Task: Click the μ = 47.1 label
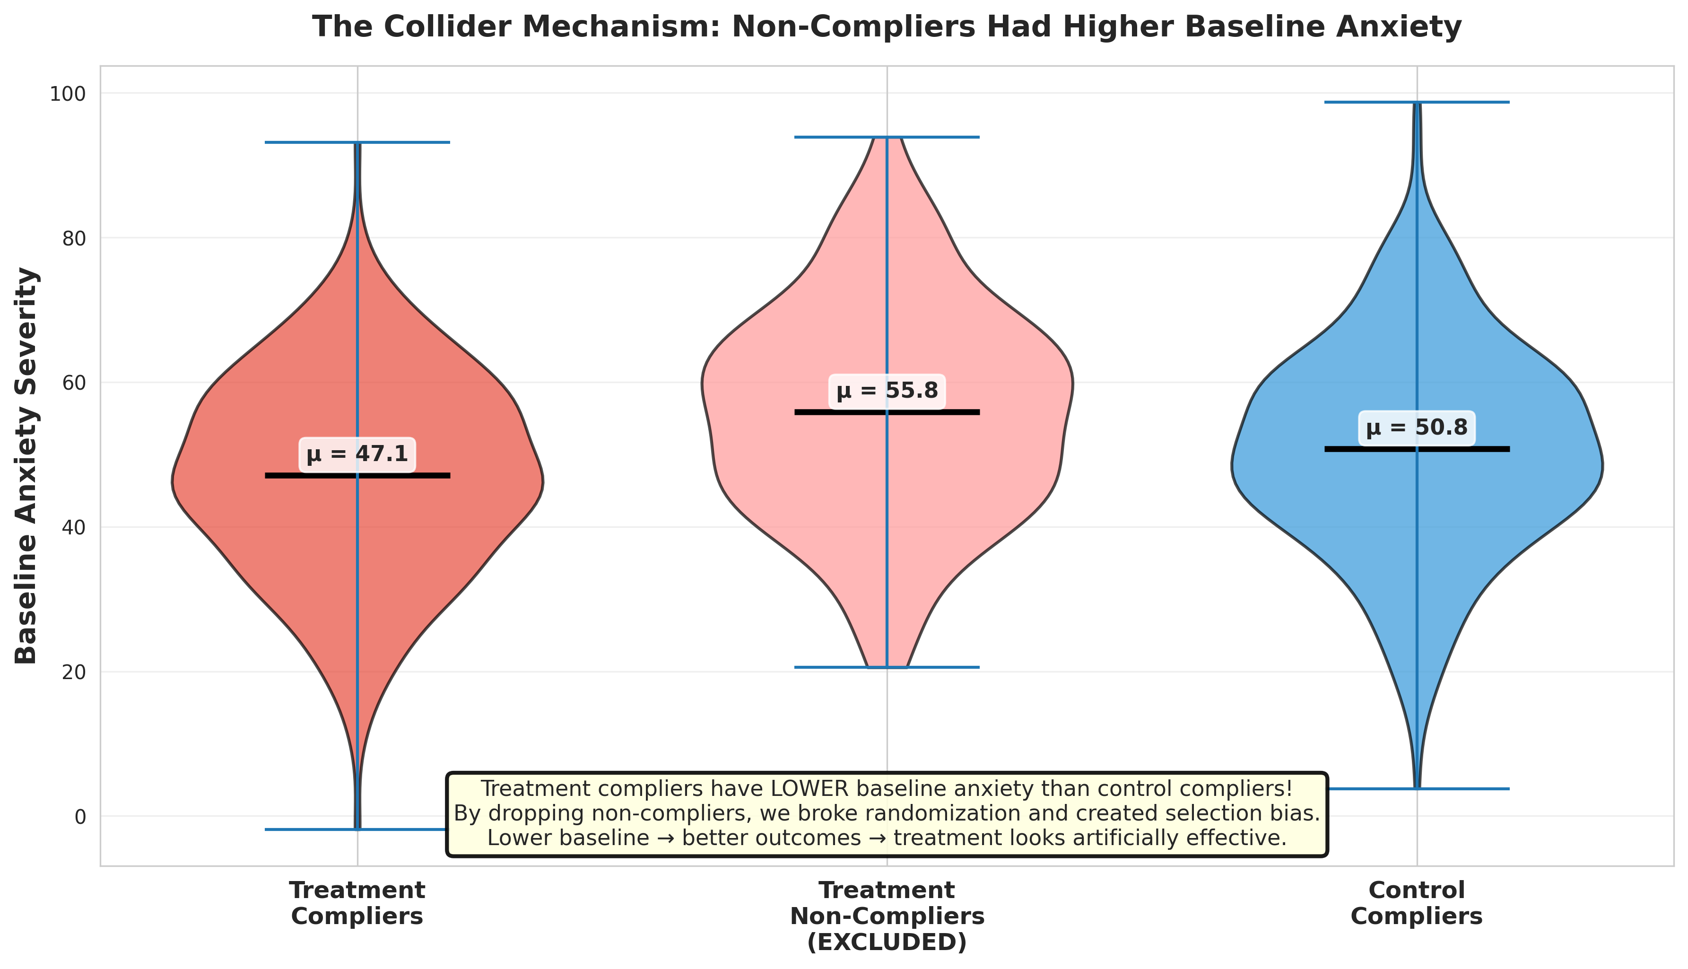[x=357, y=455]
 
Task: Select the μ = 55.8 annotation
[x=887, y=391]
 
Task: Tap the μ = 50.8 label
[x=1417, y=428]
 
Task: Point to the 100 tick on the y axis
[x=68, y=94]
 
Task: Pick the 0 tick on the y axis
[x=80, y=817]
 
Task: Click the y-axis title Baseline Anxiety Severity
[x=26, y=466]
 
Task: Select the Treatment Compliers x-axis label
[x=357, y=903]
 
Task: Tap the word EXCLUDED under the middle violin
[x=887, y=943]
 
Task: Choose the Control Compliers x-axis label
[x=1417, y=903]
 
